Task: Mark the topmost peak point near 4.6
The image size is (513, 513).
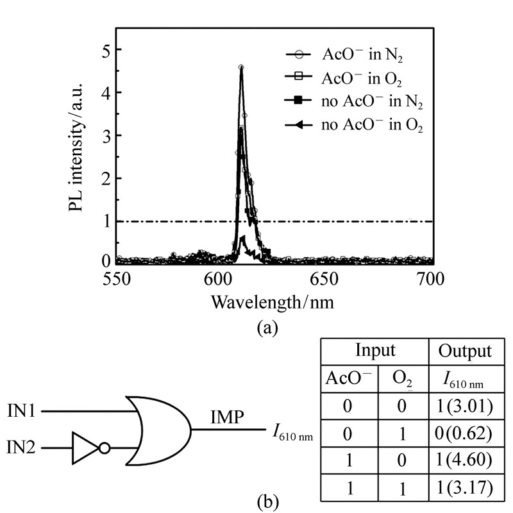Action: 241,67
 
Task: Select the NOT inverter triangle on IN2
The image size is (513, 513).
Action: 85,447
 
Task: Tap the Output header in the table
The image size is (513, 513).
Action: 464,351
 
